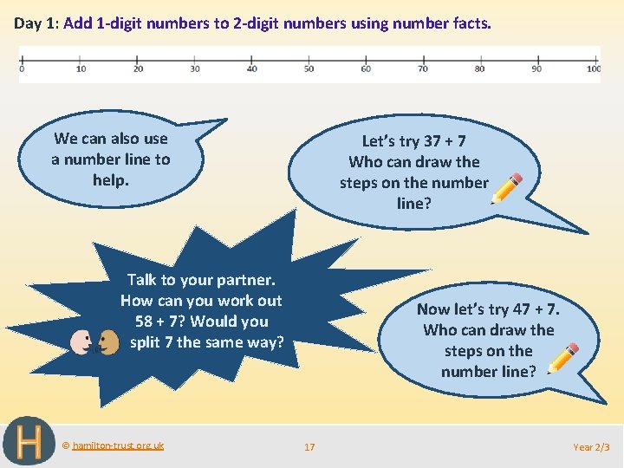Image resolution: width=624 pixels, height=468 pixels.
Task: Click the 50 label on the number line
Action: point(309,68)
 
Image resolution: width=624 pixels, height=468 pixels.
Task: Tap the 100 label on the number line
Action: point(594,68)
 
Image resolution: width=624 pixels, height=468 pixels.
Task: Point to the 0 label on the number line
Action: point(22,68)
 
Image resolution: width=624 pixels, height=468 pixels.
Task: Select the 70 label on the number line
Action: point(423,68)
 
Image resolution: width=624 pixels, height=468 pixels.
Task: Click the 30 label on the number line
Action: point(194,68)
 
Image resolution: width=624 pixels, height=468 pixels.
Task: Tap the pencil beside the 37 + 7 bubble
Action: point(507,188)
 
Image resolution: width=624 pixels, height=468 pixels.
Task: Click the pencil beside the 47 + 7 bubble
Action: point(564,358)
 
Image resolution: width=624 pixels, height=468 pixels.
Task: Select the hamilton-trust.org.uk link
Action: point(117,445)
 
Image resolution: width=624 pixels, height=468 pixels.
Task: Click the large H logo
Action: point(29,442)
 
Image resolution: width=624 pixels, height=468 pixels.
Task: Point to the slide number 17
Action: point(309,447)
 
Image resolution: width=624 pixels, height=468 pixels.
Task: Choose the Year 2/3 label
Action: point(591,447)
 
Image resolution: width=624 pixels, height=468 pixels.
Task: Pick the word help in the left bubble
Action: point(110,180)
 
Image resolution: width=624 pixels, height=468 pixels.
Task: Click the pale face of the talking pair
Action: point(81,342)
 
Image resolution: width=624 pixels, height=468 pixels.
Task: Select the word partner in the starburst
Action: point(244,280)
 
